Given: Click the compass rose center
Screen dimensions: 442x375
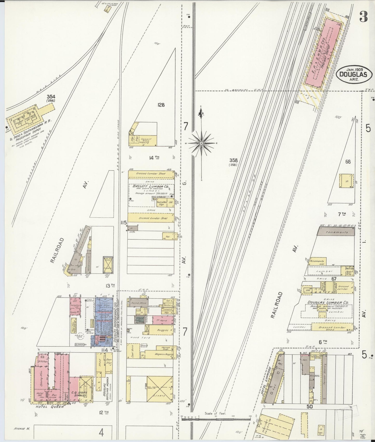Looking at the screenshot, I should point(201,143).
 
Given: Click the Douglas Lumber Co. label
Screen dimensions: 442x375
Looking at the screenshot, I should point(328,302).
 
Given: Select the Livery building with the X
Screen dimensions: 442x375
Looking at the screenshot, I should point(160,388).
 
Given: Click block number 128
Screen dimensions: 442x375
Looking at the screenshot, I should point(161,105).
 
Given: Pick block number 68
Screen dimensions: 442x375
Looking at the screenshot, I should point(348,162).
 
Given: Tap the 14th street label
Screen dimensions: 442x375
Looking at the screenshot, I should point(154,157).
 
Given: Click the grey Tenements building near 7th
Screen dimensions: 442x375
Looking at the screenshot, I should point(335,232).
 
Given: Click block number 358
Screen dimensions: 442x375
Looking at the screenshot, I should point(233,160).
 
